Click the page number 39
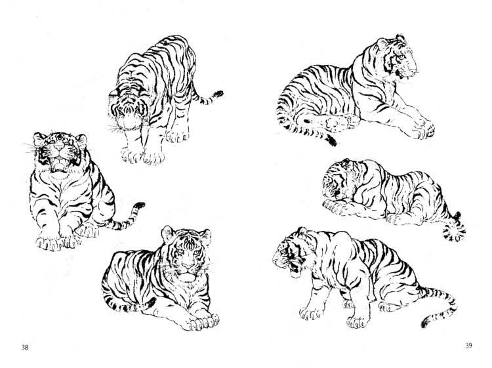(468, 345)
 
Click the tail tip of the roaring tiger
(138, 206)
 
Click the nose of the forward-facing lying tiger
(189, 266)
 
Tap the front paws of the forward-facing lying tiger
(199, 321)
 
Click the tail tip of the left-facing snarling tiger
(430, 321)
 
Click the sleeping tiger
(390, 194)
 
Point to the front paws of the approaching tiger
(144, 156)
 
